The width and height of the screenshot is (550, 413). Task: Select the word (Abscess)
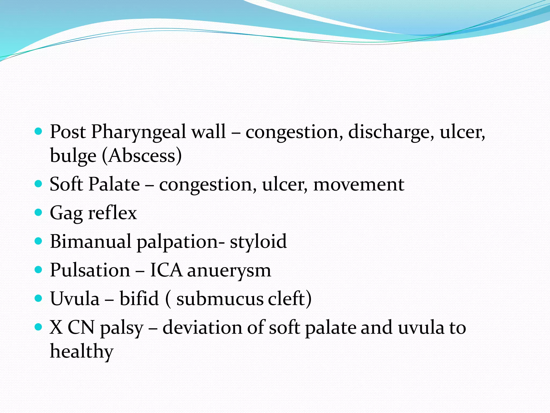142,156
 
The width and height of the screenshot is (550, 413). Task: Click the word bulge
73,156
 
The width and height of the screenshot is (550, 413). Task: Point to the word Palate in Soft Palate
114,184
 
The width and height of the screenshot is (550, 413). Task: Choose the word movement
359,184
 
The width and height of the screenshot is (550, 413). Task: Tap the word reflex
113,213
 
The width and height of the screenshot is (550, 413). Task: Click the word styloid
258,241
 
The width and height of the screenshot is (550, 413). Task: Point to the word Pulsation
90,270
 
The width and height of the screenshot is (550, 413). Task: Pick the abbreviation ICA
166,270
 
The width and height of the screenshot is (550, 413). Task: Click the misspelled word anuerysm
229,270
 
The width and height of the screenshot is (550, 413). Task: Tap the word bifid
139,298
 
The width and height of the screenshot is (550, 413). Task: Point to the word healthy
82,351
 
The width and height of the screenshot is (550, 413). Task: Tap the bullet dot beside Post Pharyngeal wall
39,131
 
